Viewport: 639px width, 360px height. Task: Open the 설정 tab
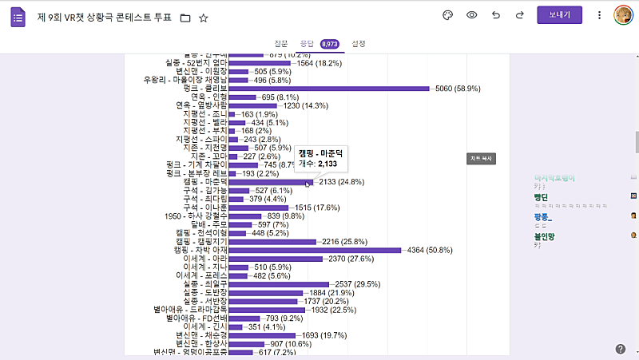tap(359, 43)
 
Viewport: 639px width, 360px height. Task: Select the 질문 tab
tap(280, 43)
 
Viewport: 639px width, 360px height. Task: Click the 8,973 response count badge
tap(330, 44)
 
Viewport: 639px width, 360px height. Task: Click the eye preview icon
tap(472, 15)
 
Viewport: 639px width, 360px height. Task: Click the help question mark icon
tap(621, 349)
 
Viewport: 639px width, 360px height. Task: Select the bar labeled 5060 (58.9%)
tap(328, 89)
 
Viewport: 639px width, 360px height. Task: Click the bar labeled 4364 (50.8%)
tap(315, 250)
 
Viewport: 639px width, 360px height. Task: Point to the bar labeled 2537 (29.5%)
tap(279, 283)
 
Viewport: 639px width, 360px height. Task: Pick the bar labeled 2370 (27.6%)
tap(276, 259)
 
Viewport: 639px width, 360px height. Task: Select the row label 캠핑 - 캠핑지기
tap(201, 241)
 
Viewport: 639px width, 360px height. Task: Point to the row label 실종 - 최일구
tap(205, 283)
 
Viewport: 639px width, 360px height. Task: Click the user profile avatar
tap(624, 15)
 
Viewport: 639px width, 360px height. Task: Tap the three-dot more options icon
tap(599, 15)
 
